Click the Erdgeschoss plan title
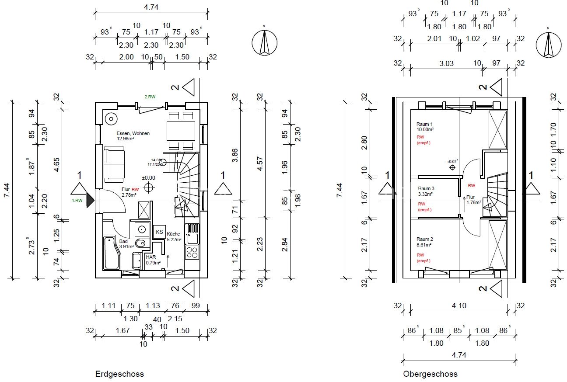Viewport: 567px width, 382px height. pos(119,374)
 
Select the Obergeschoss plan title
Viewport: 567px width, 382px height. pos(430,374)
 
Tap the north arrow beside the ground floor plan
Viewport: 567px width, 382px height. pos(264,43)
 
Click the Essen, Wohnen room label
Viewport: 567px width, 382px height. pos(133,133)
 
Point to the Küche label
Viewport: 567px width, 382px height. pos(173,234)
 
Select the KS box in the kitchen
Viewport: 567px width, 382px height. pos(159,232)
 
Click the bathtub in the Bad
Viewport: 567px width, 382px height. pos(112,253)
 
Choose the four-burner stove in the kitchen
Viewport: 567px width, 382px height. pos(192,252)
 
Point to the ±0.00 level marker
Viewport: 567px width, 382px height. pos(149,178)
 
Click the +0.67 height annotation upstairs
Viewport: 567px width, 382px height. pos(452,161)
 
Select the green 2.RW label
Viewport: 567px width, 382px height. pos(152,97)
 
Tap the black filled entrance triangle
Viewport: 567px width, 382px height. pos(91,200)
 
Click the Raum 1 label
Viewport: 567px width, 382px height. pos(424,125)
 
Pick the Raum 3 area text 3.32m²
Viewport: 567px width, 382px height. pos(425,194)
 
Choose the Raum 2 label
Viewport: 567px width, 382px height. pos(424,239)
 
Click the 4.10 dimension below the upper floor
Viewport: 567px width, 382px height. pos(458,306)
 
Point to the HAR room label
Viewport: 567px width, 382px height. pos(151,257)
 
